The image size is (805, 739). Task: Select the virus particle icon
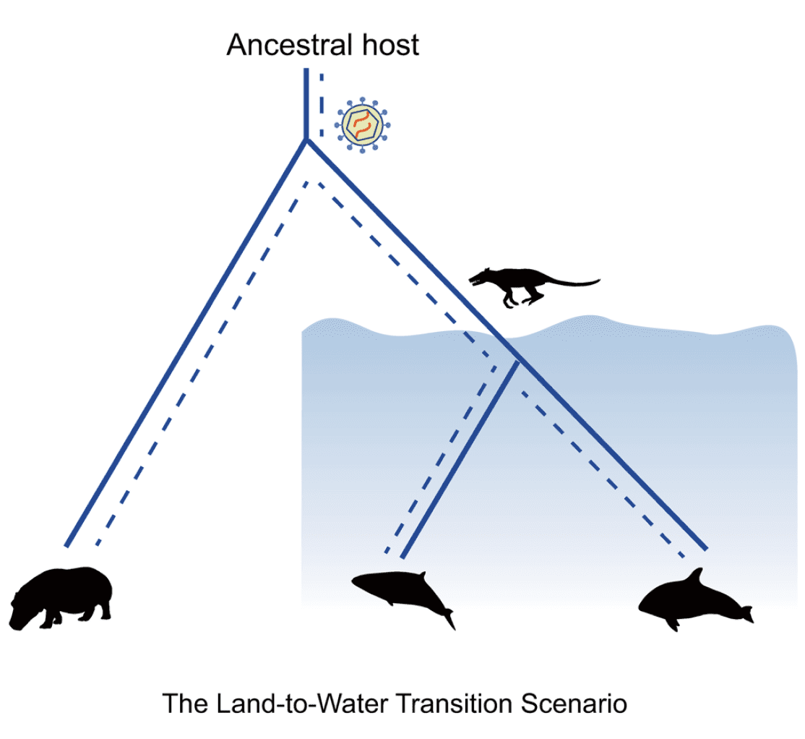click(362, 125)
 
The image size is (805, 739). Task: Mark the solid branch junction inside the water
click(517, 362)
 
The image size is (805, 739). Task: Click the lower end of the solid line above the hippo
click(67, 544)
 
